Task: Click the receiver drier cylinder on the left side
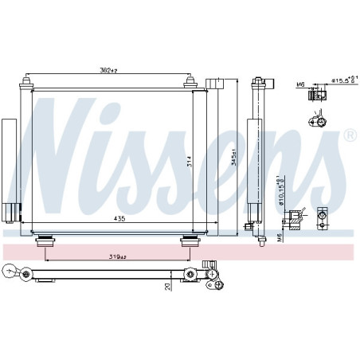pos(9,159)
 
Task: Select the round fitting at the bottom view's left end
pos(9,272)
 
